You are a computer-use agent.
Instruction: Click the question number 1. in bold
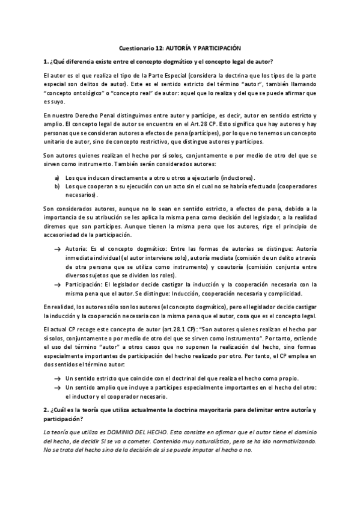coord(46,61)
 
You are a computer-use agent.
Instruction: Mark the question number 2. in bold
coord(46,410)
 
